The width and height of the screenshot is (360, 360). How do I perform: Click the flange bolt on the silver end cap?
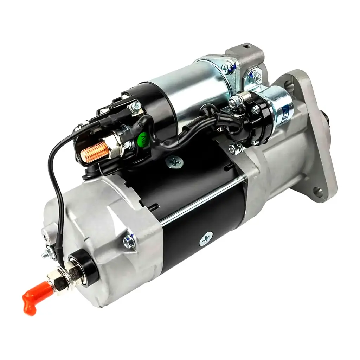coord(129,240)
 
